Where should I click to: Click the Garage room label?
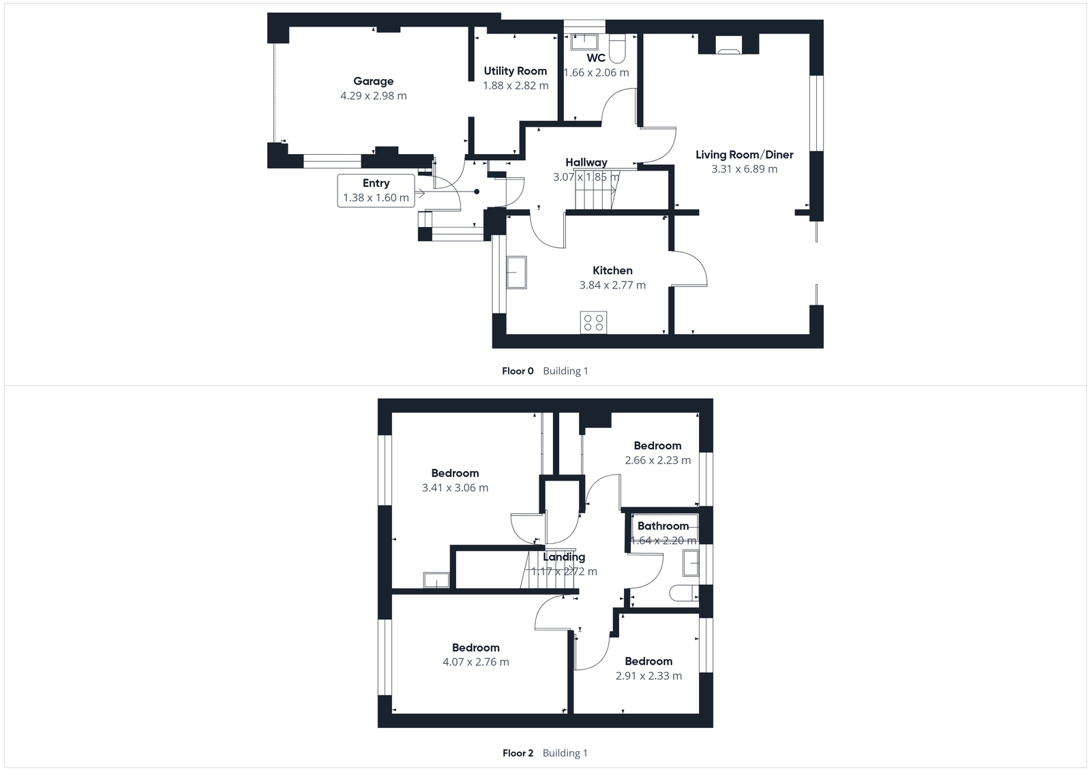coord(373,81)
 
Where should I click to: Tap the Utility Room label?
coord(515,71)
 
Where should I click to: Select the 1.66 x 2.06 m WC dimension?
coord(596,72)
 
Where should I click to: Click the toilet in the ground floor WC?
coord(617,49)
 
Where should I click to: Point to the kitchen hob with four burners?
coord(593,322)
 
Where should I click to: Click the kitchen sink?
coord(516,273)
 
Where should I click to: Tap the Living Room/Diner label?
coord(744,155)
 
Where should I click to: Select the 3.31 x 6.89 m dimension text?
coord(744,169)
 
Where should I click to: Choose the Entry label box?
coord(376,190)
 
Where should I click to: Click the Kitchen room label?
coord(612,271)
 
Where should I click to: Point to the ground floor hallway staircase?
coord(595,192)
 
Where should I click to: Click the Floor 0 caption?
coord(518,371)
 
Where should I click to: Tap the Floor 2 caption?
coord(518,753)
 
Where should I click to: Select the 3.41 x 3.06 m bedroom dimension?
coord(455,487)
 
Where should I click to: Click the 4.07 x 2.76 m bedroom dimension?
coord(475,662)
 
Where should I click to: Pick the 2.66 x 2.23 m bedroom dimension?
coord(657,460)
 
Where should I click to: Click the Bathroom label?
coord(663,526)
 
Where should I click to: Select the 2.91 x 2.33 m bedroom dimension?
coord(648,676)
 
